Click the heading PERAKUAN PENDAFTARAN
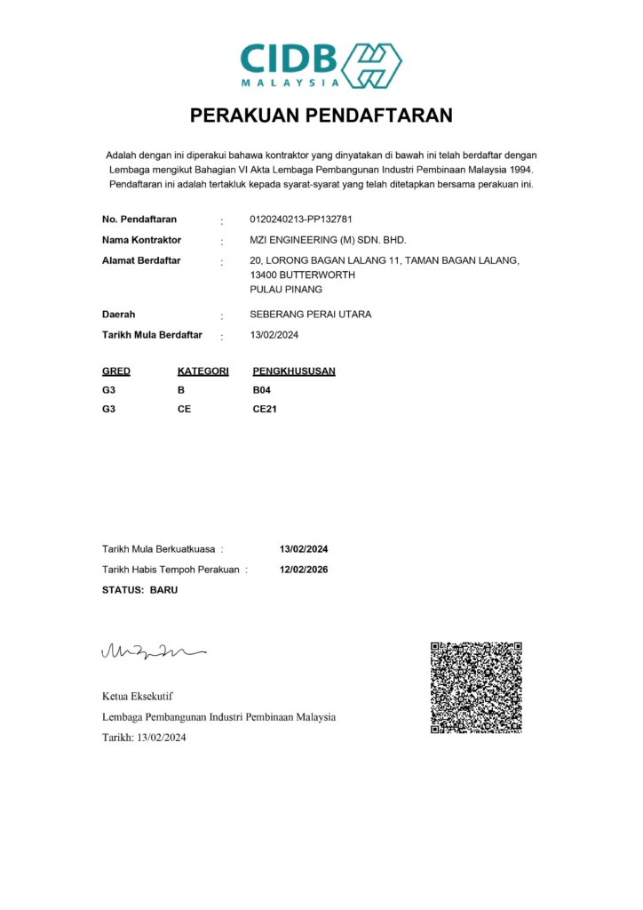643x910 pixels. tap(321, 116)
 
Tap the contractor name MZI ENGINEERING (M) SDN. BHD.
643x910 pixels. tap(329, 240)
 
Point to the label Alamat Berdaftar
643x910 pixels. tap(141, 260)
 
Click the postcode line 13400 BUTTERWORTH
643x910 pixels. tap(304, 275)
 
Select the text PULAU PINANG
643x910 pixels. tap(287, 289)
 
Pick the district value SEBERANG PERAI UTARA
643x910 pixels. tap(311, 314)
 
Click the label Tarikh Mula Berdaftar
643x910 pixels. tap(152, 335)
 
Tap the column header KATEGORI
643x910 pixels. tap(203, 371)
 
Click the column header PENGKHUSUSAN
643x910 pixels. tap(294, 371)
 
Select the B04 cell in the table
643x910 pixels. tap(262, 390)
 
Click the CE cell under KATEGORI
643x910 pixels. tap(185, 410)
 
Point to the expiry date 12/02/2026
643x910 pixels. tap(304, 570)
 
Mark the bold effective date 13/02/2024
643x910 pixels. tap(304, 548)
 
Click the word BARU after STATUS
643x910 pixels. tap(163, 589)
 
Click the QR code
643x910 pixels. tap(476, 687)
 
